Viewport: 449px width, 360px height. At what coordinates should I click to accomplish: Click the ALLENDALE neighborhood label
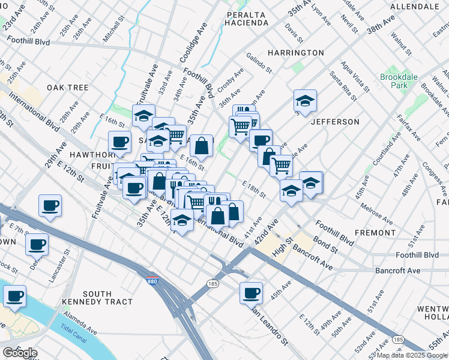coord(415,6)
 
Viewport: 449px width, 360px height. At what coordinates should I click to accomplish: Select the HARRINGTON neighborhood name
coord(295,53)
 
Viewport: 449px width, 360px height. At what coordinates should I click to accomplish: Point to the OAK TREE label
coord(67,88)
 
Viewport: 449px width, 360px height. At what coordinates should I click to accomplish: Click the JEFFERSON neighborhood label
coord(335,122)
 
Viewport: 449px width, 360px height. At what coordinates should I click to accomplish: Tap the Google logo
coord(20,352)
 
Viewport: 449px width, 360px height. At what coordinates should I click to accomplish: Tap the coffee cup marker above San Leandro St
coord(251,293)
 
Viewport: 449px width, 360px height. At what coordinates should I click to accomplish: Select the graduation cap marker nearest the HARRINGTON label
coord(305,101)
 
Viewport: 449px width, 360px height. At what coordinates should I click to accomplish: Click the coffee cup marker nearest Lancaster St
coord(37,244)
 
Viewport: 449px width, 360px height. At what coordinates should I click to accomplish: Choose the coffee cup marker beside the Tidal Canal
coord(14,296)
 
